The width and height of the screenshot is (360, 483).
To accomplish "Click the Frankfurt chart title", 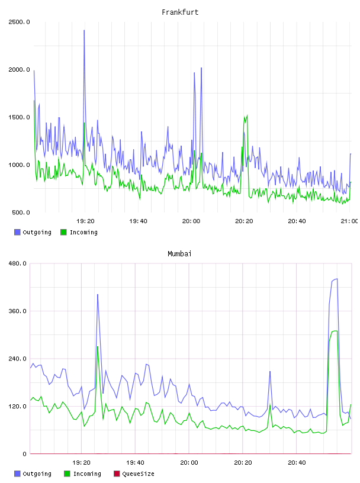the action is (x=180, y=12).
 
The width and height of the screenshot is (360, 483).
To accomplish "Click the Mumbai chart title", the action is (x=179, y=254).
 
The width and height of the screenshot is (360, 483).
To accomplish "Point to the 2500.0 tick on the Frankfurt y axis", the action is (x=19, y=22).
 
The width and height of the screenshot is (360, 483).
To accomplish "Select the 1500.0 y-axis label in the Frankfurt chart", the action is (x=19, y=117).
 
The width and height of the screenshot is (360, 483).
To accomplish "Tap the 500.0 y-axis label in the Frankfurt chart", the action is (x=21, y=212).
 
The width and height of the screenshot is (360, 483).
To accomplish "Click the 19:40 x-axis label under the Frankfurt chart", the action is (x=138, y=221).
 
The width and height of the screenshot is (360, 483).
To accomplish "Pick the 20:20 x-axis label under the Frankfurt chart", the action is (x=244, y=221).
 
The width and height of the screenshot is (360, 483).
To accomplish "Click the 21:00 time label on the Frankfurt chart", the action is (x=349, y=221).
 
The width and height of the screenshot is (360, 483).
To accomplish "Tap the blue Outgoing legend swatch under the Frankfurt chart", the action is (x=17, y=232).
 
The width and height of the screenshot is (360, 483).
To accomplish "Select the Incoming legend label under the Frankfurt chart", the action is (x=83, y=232).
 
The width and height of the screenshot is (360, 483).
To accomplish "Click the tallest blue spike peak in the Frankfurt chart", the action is (x=84, y=30).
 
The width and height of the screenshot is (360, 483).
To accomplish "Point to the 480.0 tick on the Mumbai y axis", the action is (x=17, y=263).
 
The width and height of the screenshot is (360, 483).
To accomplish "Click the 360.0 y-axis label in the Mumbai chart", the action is (x=17, y=311).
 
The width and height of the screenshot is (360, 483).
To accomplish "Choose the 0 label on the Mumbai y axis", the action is (x=25, y=454).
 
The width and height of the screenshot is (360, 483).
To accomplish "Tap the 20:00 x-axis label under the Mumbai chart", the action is (x=189, y=463).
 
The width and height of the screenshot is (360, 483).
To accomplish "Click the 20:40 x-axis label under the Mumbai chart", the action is (x=297, y=463).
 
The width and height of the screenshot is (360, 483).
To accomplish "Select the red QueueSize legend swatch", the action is (x=117, y=474).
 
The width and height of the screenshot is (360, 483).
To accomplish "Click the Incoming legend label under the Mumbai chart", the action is (x=87, y=474).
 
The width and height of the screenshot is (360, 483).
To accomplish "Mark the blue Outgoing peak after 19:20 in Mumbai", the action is (x=98, y=295).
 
